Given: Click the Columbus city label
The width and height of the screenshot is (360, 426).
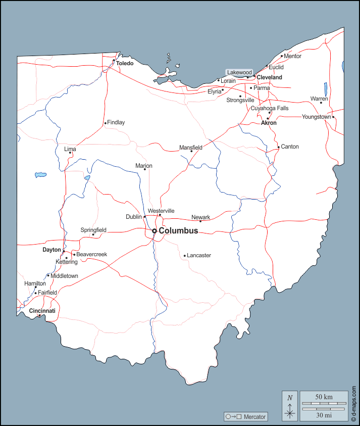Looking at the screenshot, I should [178, 231].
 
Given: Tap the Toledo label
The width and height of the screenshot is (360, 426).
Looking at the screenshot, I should [125, 64].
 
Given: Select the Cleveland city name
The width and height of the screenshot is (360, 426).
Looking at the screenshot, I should [269, 77].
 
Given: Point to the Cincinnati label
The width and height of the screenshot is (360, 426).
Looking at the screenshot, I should [42, 311].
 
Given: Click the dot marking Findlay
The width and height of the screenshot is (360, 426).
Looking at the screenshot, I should [105, 123].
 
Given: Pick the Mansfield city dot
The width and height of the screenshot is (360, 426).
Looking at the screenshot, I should [191, 151].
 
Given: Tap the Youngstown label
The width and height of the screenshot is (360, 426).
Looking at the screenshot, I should [317, 117].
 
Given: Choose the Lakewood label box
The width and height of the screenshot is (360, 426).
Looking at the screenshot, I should [239, 72].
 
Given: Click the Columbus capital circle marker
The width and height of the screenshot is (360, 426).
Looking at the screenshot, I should [155, 231].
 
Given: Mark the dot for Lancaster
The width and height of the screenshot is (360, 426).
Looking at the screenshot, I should [185, 256].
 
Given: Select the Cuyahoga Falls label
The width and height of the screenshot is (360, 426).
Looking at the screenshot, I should [270, 108].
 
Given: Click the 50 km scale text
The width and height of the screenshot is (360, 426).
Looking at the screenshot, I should [324, 397].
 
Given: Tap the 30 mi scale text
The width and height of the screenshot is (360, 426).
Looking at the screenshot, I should [324, 415].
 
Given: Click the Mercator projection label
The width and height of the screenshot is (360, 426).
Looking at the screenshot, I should [246, 417].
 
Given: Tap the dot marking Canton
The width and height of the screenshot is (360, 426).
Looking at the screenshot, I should [278, 148].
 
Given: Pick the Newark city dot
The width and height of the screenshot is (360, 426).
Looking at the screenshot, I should [200, 221].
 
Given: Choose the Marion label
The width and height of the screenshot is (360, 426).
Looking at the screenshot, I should [144, 166].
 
